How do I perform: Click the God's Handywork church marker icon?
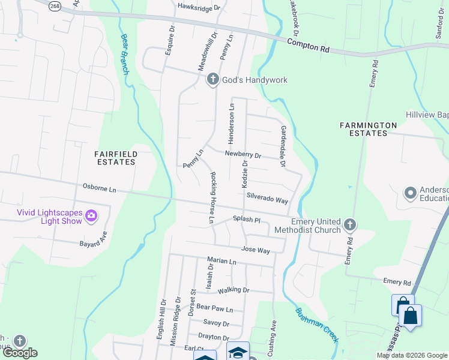pyautogui.click(x=212, y=80)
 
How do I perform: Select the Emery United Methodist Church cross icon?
pyautogui.click(x=350, y=225)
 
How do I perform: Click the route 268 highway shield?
pyautogui.click(x=55, y=5)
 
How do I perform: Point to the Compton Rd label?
pyautogui.click(x=308, y=46)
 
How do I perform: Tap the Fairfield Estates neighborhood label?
pyautogui.click(x=116, y=158)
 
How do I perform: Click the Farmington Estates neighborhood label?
pyautogui.click(x=368, y=129)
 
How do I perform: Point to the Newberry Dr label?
pyautogui.click(x=243, y=155)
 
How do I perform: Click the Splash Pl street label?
pyautogui.click(x=246, y=220)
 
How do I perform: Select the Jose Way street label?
pyautogui.click(x=255, y=250)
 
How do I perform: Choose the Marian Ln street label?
pyautogui.click(x=221, y=262)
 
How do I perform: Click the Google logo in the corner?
pyautogui.click(x=20, y=353)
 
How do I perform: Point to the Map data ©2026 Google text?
pyautogui.click(x=412, y=355)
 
